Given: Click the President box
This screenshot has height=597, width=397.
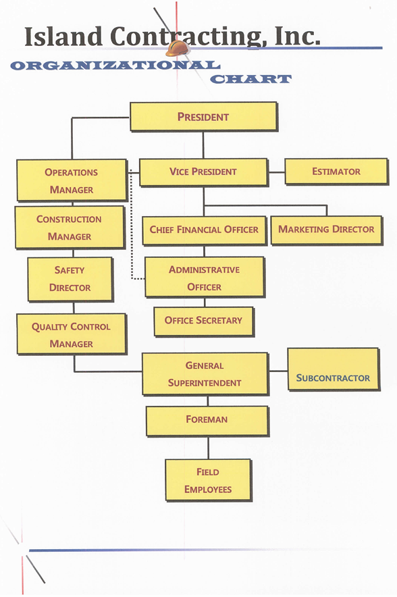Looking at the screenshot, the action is point(204,117).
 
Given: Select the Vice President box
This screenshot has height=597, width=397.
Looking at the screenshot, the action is point(204,172).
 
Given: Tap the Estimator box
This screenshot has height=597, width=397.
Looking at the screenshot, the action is point(336,172).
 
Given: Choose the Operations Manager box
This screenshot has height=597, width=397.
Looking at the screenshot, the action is point(72,180).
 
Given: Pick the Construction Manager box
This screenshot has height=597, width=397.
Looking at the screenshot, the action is point(70,228).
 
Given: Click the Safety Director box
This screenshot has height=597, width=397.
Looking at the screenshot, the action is point(70,279).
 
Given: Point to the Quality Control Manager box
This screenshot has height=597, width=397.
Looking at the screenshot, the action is point(72,334).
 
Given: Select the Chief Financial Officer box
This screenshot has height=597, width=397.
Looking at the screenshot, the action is point(205,230).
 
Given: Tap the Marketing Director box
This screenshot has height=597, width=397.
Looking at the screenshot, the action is point(327,230).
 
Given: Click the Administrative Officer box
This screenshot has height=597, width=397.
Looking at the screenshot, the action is point(205,277).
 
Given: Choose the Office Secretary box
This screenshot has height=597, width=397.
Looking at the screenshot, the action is point(204,321).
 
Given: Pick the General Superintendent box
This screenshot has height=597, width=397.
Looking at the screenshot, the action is point(205,373).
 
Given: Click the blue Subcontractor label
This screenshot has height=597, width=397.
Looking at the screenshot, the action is point(333,378).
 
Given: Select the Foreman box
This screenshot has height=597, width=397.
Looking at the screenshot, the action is point(207,421).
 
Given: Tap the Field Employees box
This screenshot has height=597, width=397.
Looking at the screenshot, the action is point(208,480).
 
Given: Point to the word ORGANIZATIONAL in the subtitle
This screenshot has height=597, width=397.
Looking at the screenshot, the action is point(115,66).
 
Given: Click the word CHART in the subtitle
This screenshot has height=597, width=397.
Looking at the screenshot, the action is point(251,79).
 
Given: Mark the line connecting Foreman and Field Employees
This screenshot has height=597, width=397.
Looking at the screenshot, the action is point(208,448).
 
